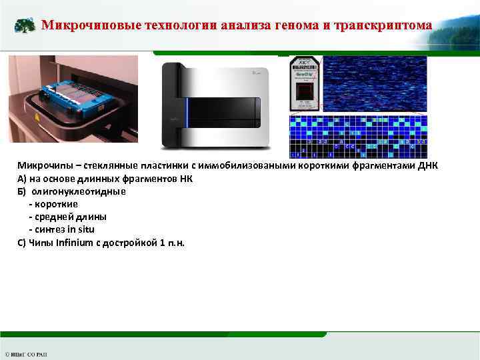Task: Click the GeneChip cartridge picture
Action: click(x=305, y=83)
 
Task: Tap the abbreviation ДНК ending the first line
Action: click(x=428, y=166)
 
